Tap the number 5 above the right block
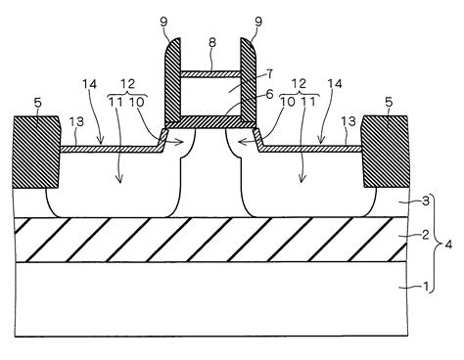point(390,101)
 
